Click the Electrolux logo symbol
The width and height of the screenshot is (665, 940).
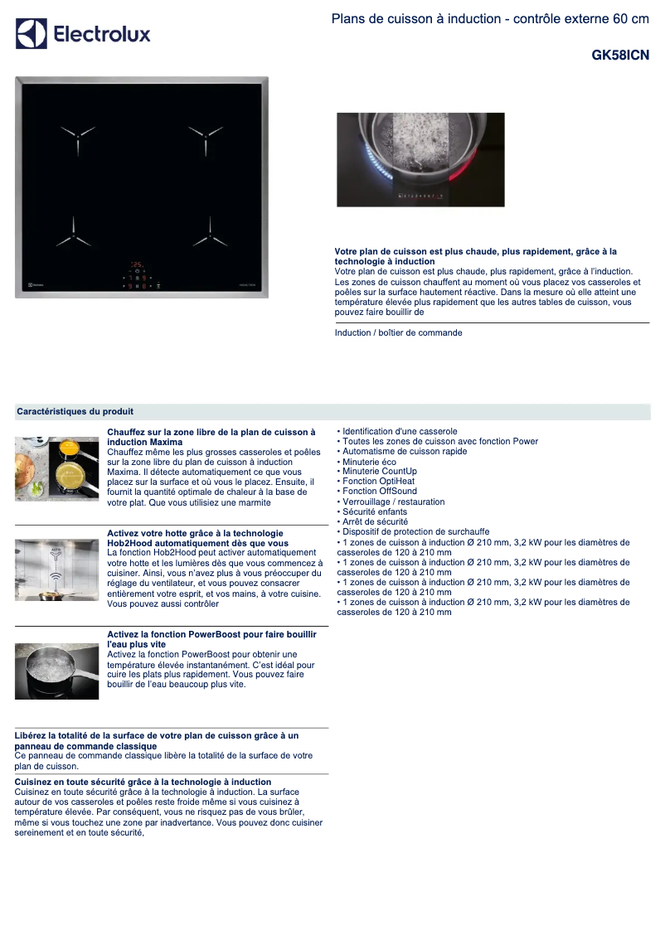32,34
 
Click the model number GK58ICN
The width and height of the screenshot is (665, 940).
620,56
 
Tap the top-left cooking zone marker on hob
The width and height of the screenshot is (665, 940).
77,134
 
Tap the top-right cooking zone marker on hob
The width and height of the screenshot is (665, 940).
205,134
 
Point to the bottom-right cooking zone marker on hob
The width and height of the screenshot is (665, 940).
209,237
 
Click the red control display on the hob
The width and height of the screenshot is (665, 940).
138,276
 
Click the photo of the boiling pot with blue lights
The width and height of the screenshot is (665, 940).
420,160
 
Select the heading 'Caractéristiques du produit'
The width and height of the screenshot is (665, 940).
75,412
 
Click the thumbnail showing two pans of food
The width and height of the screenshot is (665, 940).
56,468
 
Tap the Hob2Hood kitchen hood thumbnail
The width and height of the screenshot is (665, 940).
56,569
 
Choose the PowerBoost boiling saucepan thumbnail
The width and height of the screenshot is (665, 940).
56,671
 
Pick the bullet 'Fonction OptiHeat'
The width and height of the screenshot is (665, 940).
378,482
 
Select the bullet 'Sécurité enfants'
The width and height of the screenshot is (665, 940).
375,511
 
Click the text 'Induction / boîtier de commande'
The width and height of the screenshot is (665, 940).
398,333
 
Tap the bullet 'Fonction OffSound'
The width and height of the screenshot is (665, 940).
380,492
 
